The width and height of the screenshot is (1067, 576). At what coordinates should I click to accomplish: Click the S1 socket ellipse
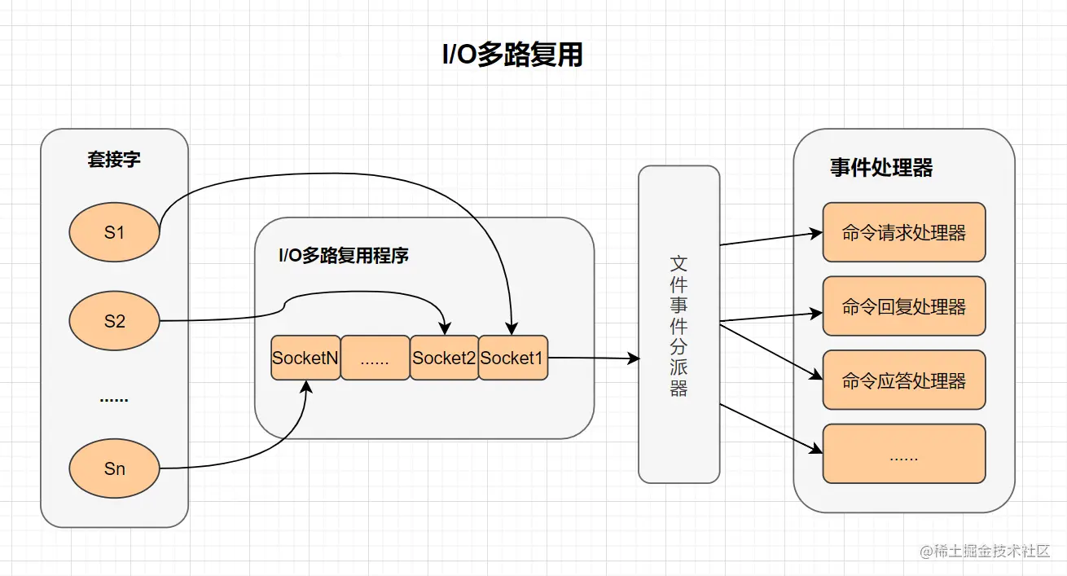[x=114, y=232]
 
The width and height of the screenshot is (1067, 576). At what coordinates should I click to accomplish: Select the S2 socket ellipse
[x=114, y=321]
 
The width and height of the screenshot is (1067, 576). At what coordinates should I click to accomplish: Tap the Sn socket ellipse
[x=114, y=468]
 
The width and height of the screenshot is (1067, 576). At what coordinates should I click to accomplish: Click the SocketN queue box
[x=305, y=358]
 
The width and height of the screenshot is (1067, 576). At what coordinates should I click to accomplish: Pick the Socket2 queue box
[x=444, y=358]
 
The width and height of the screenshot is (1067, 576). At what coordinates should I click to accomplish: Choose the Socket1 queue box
[x=513, y=358]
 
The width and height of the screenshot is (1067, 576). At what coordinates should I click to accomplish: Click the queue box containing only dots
[x=375, y=358]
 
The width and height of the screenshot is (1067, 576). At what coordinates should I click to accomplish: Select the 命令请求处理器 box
[x=904, y=232]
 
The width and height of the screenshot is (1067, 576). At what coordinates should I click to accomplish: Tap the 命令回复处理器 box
[x=904, y=306]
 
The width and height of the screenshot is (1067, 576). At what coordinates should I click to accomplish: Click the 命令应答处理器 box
[x=904, y=380]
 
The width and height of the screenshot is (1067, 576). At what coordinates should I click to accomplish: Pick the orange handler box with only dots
[x=904, y=454]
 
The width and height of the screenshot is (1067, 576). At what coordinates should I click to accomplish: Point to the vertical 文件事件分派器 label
[x=678, y=327]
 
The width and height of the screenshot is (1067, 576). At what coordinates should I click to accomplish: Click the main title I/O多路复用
[x=512, y=55]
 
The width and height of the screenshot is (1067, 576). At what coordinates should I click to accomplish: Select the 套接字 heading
[x=114, y=159]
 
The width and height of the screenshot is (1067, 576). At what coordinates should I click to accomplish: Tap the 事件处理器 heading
[x=881, y=168]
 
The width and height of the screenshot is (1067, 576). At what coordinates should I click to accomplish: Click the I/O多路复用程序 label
[x=344, y=256]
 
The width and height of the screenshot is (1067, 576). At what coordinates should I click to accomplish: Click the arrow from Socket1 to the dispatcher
[x=594, y=358]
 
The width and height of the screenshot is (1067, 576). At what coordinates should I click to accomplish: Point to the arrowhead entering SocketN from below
[x=306, y=386]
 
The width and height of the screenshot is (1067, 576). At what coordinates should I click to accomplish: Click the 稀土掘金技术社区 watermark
[x=985, y=552]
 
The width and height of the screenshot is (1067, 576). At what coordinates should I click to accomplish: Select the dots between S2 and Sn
[x=114, y=400]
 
